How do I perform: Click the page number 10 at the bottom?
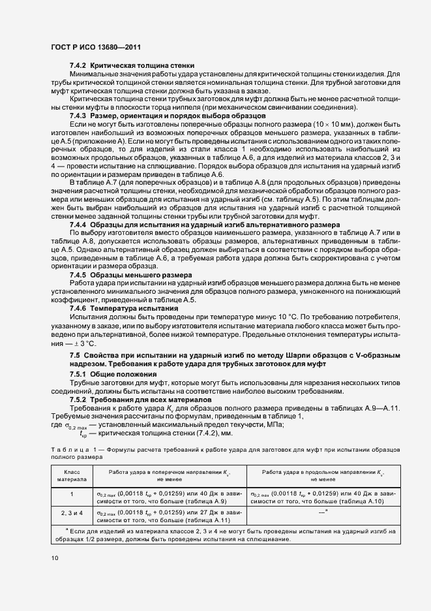[54, 557]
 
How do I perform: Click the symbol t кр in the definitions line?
[83, 434]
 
